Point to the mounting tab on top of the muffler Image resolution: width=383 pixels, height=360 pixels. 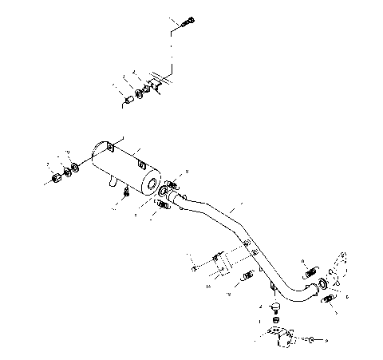click(x=141, y=164)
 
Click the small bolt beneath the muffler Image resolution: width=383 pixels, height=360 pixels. click(x=126, y=192)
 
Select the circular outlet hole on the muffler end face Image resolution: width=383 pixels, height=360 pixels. click(x=150, y=185)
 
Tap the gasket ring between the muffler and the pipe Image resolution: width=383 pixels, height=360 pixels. click(x=164, y=191)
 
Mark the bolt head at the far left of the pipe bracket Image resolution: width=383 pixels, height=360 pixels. click(x=195, y=268)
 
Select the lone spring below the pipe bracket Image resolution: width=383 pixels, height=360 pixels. click(x=247, y=276)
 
